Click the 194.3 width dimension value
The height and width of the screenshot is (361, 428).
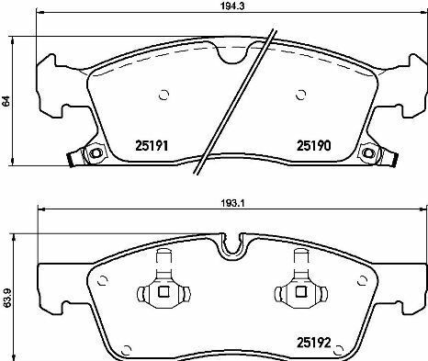coord(231,6)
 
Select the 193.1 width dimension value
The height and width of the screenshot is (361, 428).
coord(231,203)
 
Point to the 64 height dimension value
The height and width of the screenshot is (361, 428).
coord(6,101)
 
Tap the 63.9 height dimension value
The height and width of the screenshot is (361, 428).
coord(6,299)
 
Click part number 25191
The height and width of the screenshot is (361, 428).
coord(152,146)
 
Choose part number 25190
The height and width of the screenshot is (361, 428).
coord(314,146)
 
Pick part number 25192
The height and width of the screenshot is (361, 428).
coord(314,343)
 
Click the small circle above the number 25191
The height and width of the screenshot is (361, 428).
coord(164,95)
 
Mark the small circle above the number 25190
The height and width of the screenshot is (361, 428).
coord(301,95)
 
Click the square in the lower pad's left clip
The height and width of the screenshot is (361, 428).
coord(163,291)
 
